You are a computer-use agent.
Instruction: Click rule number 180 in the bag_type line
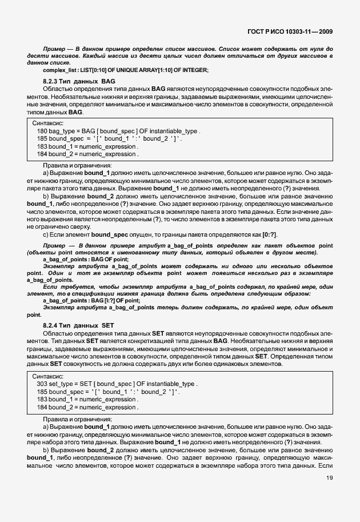(x=42, y=132)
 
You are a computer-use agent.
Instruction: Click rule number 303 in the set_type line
(x=42, y=384)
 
